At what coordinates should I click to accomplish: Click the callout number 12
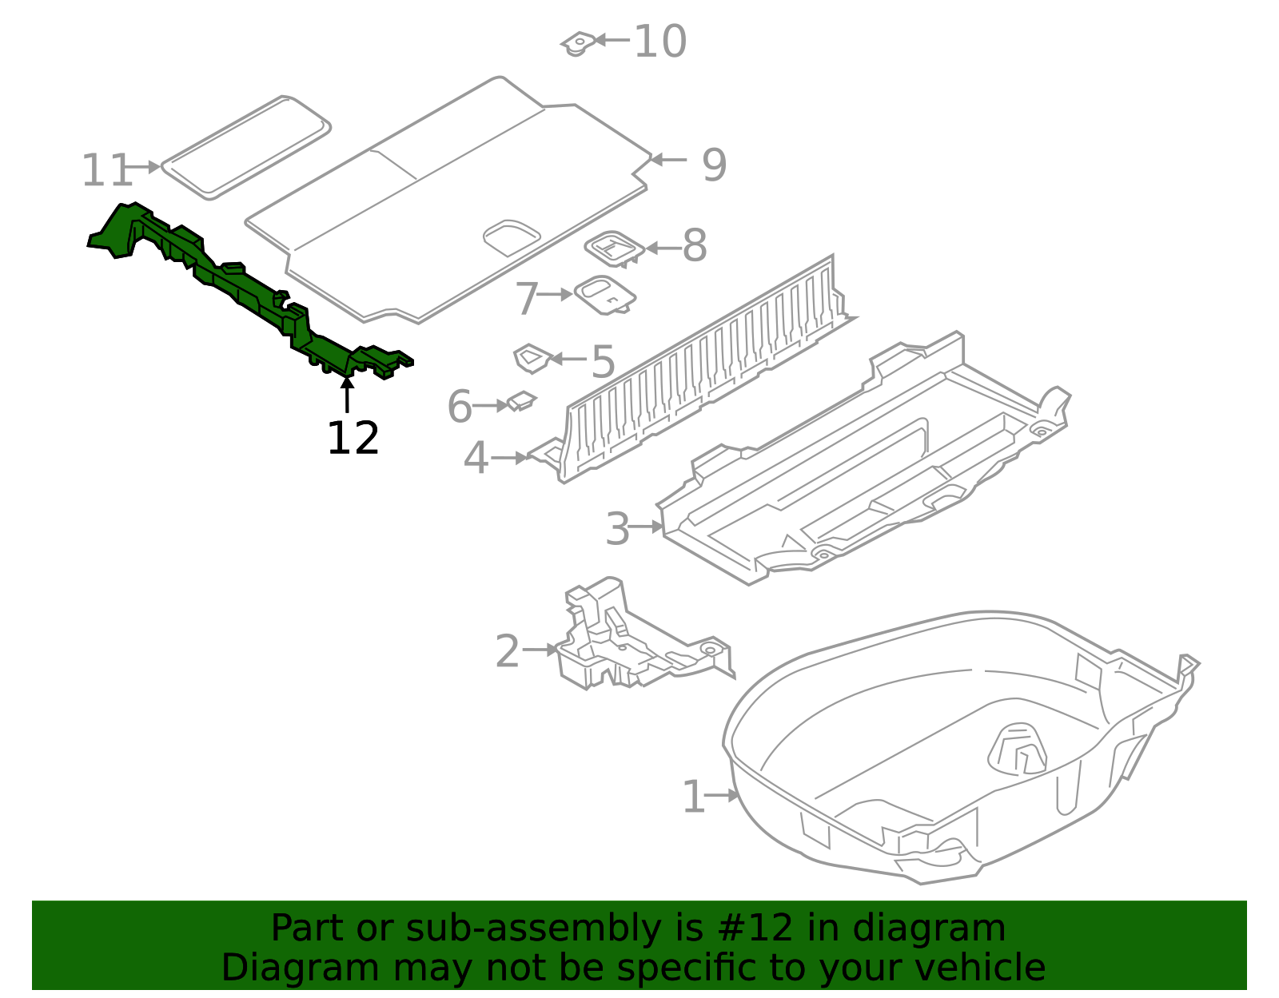point(353,439)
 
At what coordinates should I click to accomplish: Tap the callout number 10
point(659,42)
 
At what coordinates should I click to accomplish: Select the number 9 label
point(714,165)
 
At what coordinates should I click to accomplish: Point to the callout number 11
point(106,170)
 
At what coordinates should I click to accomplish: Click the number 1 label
point(693,797)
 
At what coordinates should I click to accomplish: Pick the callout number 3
point(617,529)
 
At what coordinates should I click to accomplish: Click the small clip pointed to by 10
point(578,44)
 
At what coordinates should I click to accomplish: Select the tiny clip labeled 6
point(521,401)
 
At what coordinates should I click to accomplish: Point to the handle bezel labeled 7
point(604,295)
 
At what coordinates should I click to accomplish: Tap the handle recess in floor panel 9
point(512,237)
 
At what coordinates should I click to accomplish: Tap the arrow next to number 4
point(509,458)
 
